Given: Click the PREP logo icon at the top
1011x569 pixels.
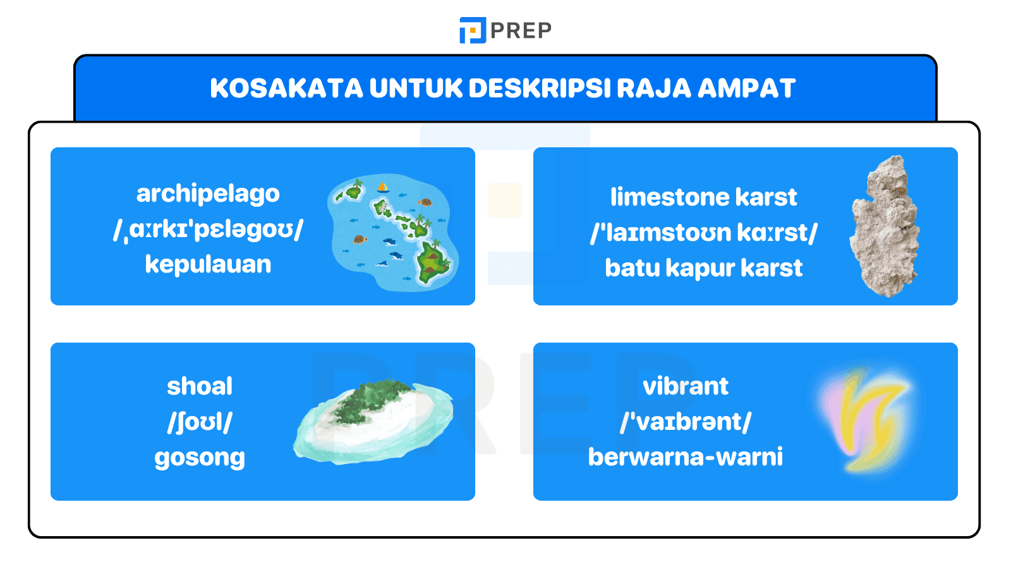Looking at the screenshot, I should tap(472, 30).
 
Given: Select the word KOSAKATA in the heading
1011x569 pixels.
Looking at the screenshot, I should tap(286, 89).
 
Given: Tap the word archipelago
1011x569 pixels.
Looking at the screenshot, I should tap(208, 193).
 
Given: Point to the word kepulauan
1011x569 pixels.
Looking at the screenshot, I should tap(208, 264).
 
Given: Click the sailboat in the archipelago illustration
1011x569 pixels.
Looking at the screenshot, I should tap(383, 187).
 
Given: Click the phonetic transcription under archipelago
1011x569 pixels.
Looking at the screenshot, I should tap(208, 229).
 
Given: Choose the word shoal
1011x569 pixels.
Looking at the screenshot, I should tap(200, 386).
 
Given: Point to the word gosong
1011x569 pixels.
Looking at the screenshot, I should tap(200, 457).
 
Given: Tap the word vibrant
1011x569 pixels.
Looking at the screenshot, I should tap(686, 386).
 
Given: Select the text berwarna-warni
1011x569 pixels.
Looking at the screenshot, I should tap(686, 457).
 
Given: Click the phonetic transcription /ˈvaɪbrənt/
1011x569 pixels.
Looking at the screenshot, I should tap(686, 422).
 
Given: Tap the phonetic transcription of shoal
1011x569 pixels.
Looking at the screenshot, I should tap(200, 422).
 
